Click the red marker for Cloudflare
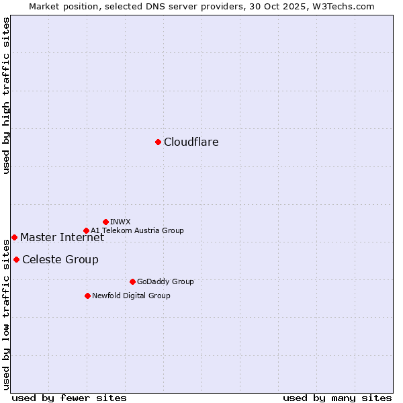tap(158, 142)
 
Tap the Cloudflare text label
tap(191, 142)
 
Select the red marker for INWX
tap(105, 222)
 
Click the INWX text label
tap(120, 222)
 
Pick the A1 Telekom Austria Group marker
tap(86, 230)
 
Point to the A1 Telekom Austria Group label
tap(137, 230)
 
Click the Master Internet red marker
tap(14, 237)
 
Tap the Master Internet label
tap(62, 237)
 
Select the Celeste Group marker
tap(16, 259)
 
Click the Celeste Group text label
tap(60, 260)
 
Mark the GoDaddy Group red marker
tap(132, 281)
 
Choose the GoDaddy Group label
tap(165, 281)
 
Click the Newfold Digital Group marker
tap(87, 296)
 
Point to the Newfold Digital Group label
tap(131, 296)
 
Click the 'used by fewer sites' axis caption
tap(69, 398)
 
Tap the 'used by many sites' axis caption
tap(337, 398)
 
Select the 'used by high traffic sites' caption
tap(6, 95)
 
